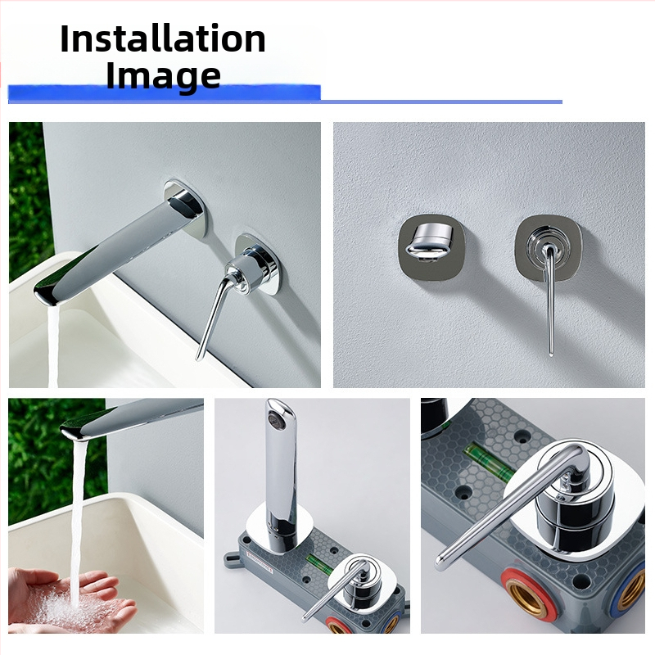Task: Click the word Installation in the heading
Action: coord(163,38)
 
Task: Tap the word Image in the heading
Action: coord(163,75)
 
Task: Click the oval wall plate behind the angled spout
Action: coord(185,209)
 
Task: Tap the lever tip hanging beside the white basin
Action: coord(199,356)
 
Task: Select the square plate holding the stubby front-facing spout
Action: coord(431,248)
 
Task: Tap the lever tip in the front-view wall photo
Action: coord(551,352)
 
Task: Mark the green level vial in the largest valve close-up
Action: coord(489,462)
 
